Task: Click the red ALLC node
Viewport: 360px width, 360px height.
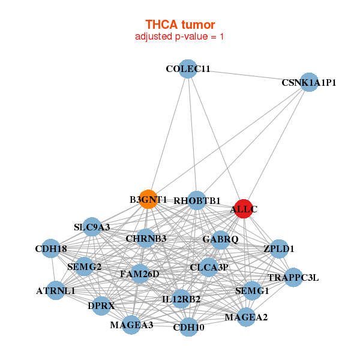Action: [243, 209]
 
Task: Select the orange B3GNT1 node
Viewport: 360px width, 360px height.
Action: [148, 199]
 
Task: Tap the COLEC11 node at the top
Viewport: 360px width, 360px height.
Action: [188, 68]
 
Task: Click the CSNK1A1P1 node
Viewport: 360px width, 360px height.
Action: [308, 82]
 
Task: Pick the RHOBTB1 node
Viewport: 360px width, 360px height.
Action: [197, 200]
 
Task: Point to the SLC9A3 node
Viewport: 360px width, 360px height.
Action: [92, 227]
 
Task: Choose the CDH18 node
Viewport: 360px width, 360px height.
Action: [51, 248]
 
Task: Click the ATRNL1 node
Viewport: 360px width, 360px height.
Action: [55, 291]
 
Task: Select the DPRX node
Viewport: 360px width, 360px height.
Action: [101, 305]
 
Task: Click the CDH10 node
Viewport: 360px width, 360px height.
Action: [188, 327]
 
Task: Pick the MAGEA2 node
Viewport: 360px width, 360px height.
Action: [246, 316]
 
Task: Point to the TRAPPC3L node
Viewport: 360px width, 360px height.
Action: [293, 278]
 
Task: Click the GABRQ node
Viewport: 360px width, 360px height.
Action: [220, 239]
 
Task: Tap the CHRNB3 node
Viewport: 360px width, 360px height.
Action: [146, 238]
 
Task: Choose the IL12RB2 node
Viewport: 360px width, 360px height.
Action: [181, 298]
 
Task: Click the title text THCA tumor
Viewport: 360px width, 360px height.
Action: [180, 25]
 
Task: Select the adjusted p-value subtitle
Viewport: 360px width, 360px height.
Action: [180, 37]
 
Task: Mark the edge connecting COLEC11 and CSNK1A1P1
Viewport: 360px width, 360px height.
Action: [248, 76]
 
